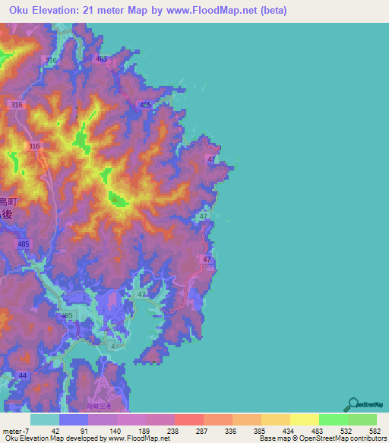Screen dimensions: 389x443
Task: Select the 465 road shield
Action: tap(102, 59)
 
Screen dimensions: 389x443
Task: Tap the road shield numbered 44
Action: tap(23, 377)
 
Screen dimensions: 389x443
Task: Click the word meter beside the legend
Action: tap(13, 431)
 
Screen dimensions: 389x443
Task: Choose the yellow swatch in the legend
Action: tap(304, 419)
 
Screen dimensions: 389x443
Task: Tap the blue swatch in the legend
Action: tap(73, 419)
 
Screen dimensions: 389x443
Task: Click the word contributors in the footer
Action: tap(365, 438)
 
